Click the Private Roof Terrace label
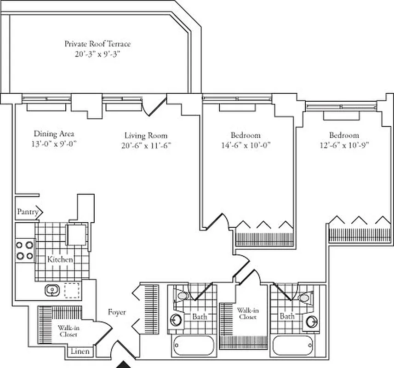pos(97,44)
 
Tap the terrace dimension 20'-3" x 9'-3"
pos(97,54)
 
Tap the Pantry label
pos(28,212)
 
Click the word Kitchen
pos(60,260)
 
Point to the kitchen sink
pos(51,290)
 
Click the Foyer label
pos(117,312)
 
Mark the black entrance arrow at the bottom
pos(123,364)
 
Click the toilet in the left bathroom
pos(183,295)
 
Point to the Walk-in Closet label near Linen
pos(68,331)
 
